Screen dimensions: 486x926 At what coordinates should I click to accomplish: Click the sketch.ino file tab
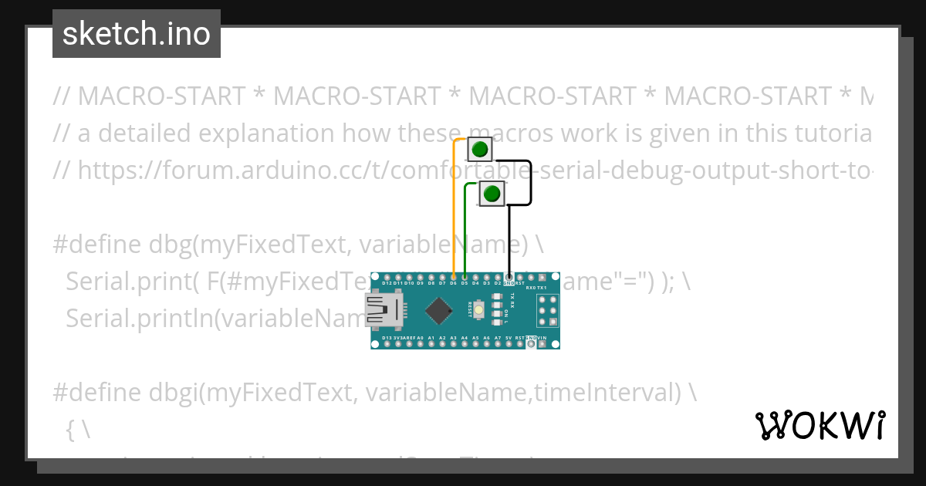[x=137, y=34]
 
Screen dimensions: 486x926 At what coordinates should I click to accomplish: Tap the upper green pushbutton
[x=480, y=149]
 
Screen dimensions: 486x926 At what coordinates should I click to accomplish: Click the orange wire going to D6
[x=454, y=208]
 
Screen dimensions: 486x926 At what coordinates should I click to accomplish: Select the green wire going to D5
[x=465, y=231]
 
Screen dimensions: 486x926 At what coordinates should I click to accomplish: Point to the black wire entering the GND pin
[x=509, y=239]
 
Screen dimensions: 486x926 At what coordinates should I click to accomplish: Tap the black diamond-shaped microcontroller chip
[x=438, y=310]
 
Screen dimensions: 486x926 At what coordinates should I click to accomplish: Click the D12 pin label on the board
[x=387, y=283]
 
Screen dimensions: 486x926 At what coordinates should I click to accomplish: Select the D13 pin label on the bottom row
[x=387, y=338]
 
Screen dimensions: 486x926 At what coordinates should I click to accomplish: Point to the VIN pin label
[x=542, y=338]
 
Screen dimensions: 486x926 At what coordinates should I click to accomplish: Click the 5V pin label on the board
[x=509, y=338]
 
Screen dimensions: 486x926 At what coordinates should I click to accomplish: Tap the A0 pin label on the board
[x=420, y=338]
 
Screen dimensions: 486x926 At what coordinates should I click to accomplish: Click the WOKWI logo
[x=820, y=425]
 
